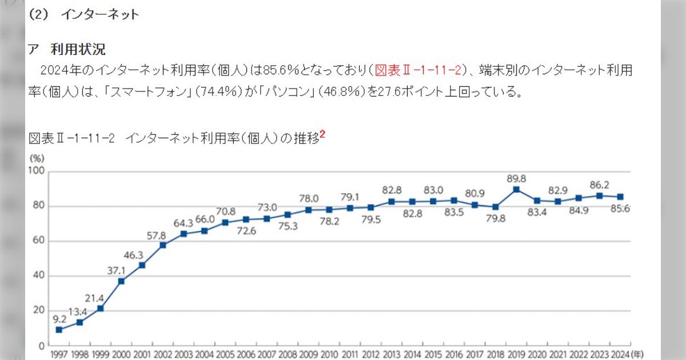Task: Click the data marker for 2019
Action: click(516, 189)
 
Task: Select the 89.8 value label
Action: click(516, 178)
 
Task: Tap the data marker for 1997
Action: click(59, 330)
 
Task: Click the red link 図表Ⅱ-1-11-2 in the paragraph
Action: click(418, 70)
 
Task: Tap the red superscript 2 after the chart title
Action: click(322, 135)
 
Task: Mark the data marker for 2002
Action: click(163, 245)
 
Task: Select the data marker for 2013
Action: click(392, 201)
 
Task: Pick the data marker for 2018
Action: click(496, 207)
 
